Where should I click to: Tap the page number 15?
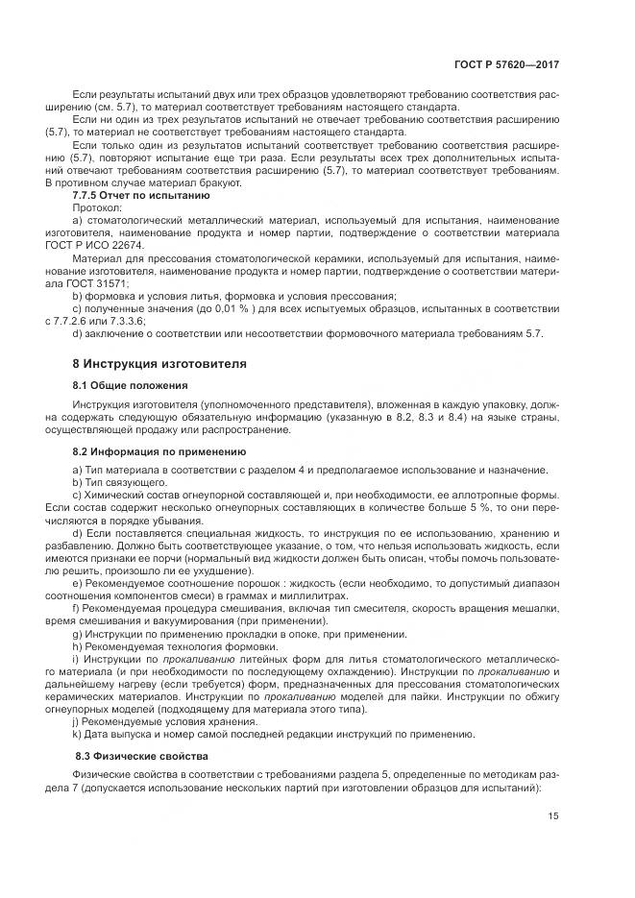tap(554, 816)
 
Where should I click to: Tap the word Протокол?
tap(97, 206)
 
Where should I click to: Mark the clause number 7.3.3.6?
tap(127, 320)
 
